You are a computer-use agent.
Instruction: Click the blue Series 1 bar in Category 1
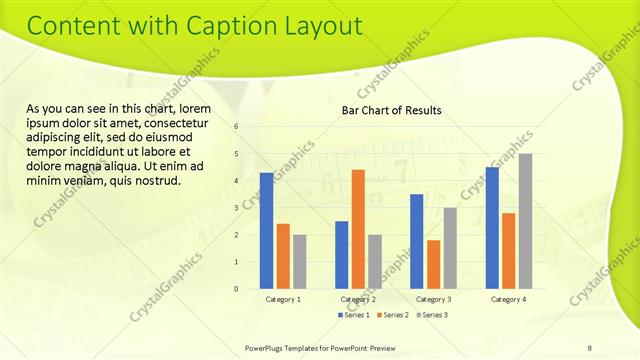click(266, 231)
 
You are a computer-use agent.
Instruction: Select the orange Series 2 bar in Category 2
click(358, 229)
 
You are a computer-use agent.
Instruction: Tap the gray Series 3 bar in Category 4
click(525, 221)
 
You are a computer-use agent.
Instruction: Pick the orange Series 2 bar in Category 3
click(433, 264)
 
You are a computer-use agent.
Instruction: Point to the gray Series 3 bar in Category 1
click(299, 262)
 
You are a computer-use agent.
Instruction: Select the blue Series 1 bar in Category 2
click(341, 255)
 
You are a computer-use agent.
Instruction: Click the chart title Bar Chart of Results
click(391, 109)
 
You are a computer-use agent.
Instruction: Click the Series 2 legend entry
click(391, 315)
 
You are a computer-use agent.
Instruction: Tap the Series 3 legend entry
click(430, 315)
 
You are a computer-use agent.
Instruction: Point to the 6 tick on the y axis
click(236, 127)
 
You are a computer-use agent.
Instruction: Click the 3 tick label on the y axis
click(236, 208)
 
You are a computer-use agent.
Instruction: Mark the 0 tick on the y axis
click(236, 289)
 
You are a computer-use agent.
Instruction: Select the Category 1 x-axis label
click(283, 299)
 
